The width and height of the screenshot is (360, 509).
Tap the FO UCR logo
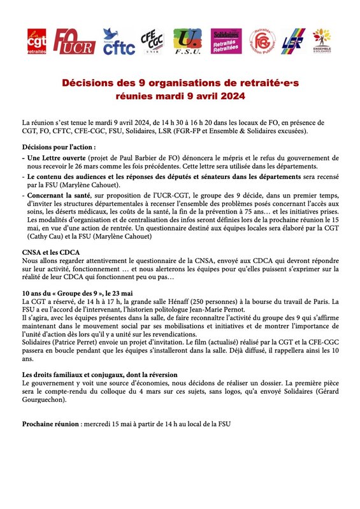73,42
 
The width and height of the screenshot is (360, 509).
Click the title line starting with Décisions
180,83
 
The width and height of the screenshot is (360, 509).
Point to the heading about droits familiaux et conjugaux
99,373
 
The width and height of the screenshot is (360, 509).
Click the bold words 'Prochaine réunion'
50,424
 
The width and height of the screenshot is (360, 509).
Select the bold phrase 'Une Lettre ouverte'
56,157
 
